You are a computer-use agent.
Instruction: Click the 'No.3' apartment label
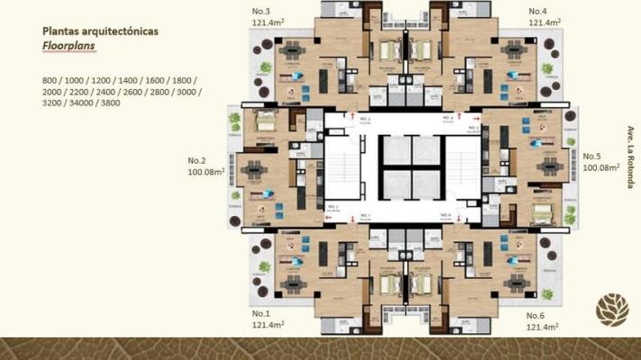tap(264, 11)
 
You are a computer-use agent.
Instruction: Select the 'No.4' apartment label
tap(540, 11)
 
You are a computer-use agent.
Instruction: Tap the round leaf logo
tap(612, 310)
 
